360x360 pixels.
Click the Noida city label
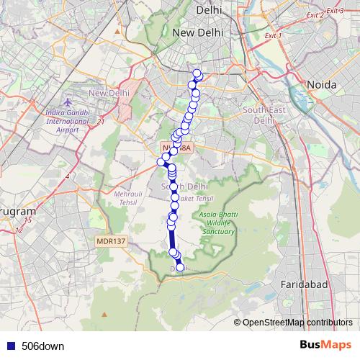[x=322, y=85]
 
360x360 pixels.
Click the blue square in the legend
[x=11, y=346]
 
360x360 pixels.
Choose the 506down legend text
[x=42, y=346]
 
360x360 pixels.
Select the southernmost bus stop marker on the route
[x=180, y=268]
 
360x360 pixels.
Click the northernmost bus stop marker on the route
[x=197, y=73]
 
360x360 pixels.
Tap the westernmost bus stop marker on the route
[x=162, y=161]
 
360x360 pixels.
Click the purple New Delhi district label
[x=109, y=93]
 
